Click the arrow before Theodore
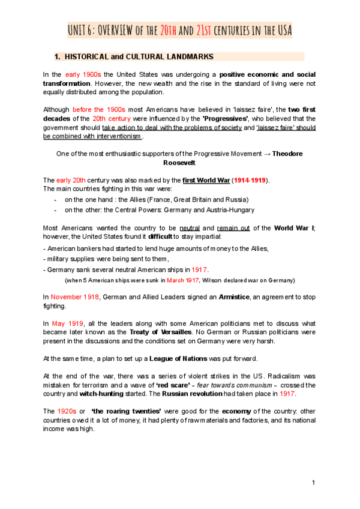267,154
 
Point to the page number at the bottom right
313,483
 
